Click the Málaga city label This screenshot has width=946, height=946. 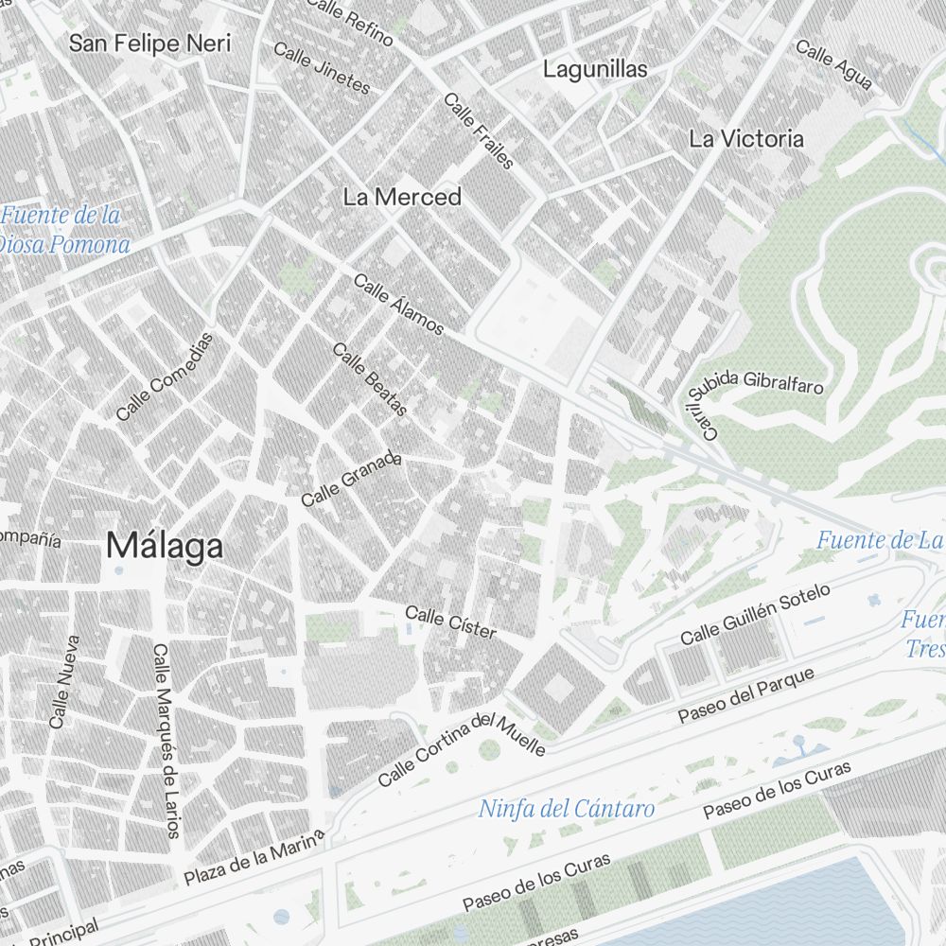coord(165,546)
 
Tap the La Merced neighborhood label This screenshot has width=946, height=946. coord(402,197)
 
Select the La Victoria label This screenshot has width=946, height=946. coord(746,138)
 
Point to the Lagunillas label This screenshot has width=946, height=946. coord(595,69)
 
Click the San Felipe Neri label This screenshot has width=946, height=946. coord(150,43)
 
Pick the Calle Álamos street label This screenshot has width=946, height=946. coord(398,305)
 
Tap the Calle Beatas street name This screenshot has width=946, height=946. coord(370,378)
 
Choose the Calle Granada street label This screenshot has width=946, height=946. coord(351,480)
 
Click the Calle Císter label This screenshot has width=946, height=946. coord(450,622)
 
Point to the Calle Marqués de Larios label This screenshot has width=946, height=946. coord(166,741)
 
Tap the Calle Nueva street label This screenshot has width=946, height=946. coord(64,681)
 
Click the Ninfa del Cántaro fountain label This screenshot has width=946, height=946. coord(566,809)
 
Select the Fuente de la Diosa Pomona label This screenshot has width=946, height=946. coord(64,230)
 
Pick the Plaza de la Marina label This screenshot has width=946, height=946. coord(254,858)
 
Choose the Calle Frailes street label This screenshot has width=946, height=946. coord(479,131)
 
